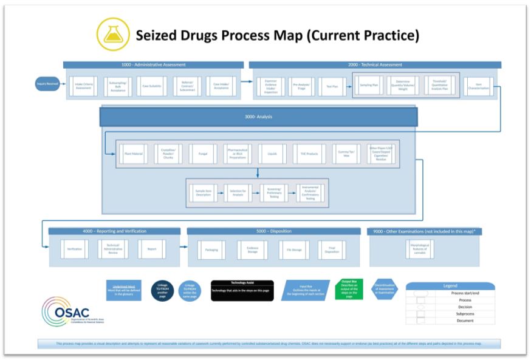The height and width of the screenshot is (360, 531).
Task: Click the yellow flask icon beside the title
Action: point(114,35)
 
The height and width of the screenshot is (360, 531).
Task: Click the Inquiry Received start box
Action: point(48,84)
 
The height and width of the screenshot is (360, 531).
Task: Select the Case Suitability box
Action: point(151,87)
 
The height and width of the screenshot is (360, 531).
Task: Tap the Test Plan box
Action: point(332,87)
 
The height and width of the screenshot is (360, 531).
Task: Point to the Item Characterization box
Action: point(479,87)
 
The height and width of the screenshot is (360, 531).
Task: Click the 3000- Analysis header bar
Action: point(258,117)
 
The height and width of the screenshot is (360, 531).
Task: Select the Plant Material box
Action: point(134,154)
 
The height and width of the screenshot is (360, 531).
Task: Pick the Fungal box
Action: point(203,154)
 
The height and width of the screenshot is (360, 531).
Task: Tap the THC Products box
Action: point(309,154)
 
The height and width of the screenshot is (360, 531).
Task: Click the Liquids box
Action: point(272,154)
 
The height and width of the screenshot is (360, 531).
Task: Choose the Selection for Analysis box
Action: point(238,193)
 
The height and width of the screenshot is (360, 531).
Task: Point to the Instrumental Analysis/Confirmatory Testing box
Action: point(310,193)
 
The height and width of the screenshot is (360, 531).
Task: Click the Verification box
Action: point(74,249)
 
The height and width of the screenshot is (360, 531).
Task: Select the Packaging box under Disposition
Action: point(211,250)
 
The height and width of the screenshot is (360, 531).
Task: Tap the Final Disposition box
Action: point(332,250)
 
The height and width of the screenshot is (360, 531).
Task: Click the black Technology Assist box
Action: point(242,290)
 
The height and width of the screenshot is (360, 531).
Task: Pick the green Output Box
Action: point(349,290)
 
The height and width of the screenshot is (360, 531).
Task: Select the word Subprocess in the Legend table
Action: point(465,314)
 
